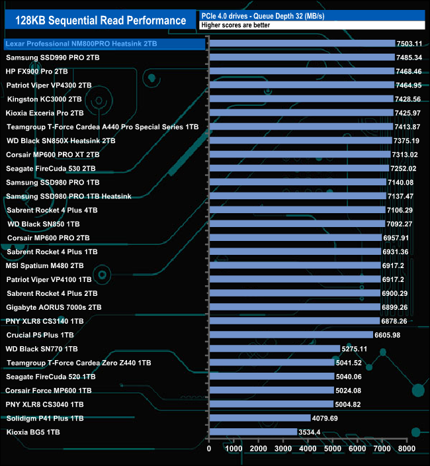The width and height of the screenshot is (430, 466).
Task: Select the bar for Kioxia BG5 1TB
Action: tap(253, 432)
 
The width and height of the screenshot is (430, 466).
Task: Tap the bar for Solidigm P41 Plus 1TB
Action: tap(259, 418)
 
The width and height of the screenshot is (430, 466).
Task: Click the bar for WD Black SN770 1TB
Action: tap(275, 348)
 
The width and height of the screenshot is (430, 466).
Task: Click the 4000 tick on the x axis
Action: tap(308, 448)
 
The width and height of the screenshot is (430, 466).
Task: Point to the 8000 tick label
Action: tap(407, 448)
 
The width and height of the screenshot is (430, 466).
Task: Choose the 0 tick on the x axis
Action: tap(209, 448)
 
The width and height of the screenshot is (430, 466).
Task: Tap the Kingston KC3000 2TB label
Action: tap(44, 99)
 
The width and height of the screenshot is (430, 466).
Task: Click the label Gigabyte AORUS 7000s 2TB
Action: tap(54, 307)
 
